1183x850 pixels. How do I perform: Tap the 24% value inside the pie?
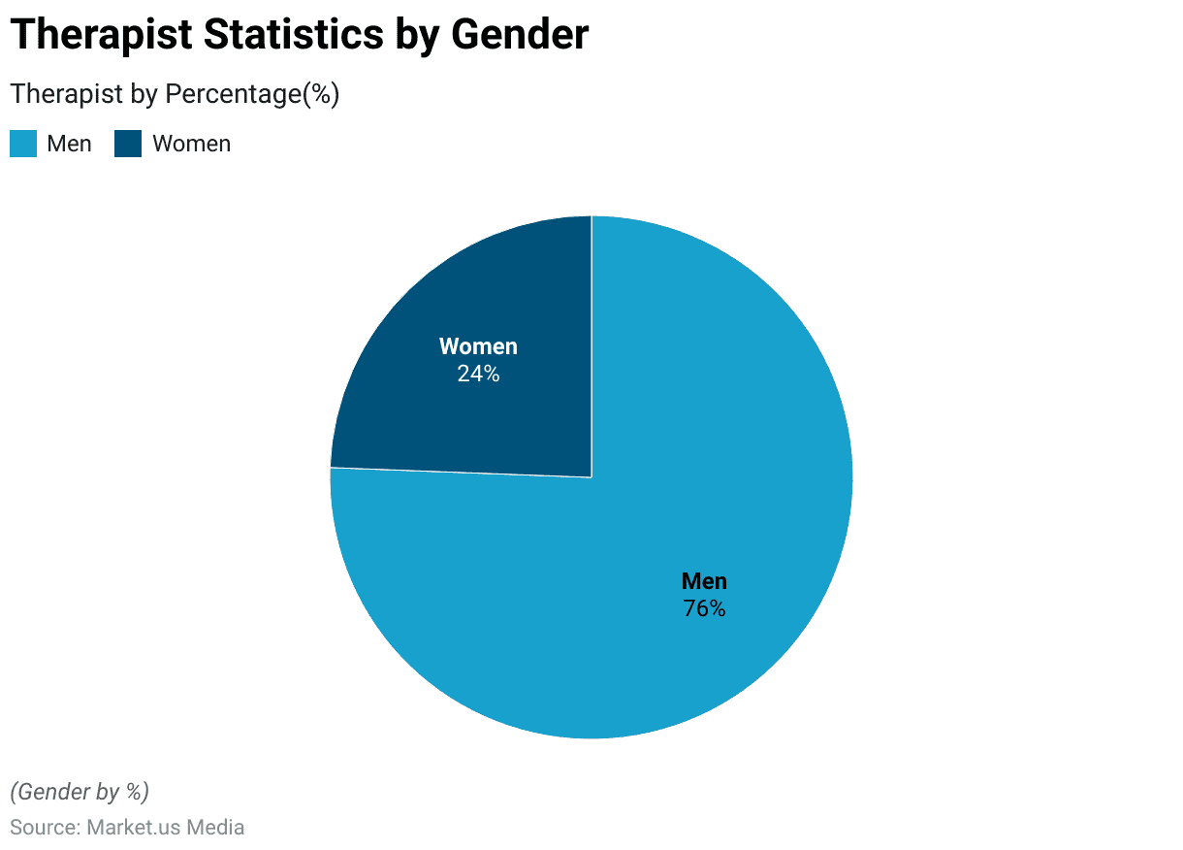pyautogui.click(x=478, y=374)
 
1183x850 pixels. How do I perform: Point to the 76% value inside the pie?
pyautogui.click(x=704, y=608)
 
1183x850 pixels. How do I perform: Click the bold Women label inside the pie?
pyautogui.click(x=478, y=346)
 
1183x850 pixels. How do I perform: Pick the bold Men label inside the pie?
pyautogui.click(x=704, y=581)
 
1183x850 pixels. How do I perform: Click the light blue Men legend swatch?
pyautogui.click(x=23, y=144)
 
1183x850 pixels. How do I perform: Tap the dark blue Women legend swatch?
pyautogui.click(x=128, y=144)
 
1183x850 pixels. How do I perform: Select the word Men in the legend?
pyautogui.click(x=69, y=144)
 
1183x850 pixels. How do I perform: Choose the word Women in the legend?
pyautogui.click(x=192, y=144)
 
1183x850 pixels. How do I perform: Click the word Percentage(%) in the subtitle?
pyautogui.click(x=252, y=94)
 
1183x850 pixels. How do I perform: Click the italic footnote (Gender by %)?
pyautogui.click(x=80, y=792)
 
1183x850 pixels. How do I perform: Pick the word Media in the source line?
pyautogui.click(x=214, y=828)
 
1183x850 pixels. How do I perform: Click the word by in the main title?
pyautogui.click(x=418, y=35)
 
